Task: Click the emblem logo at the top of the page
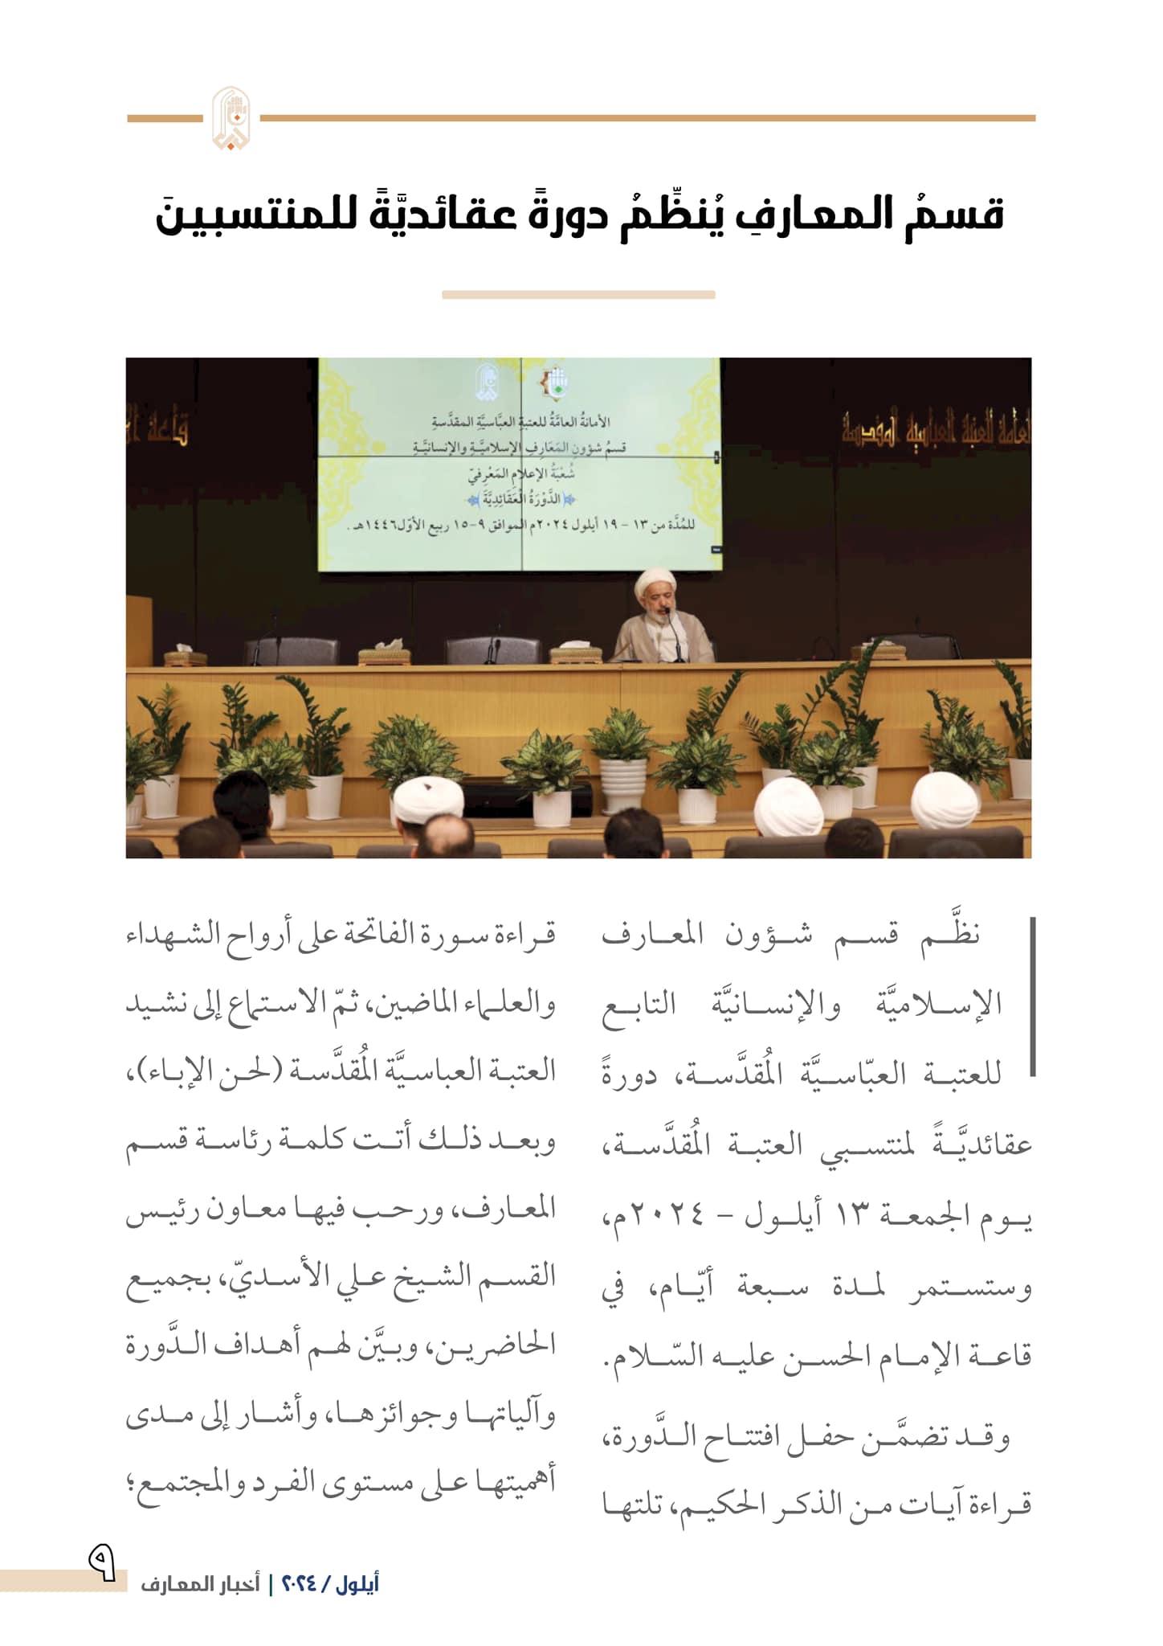click(231, 118)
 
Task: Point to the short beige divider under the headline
click(578, 295)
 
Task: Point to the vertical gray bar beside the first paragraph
click(1032, 997)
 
